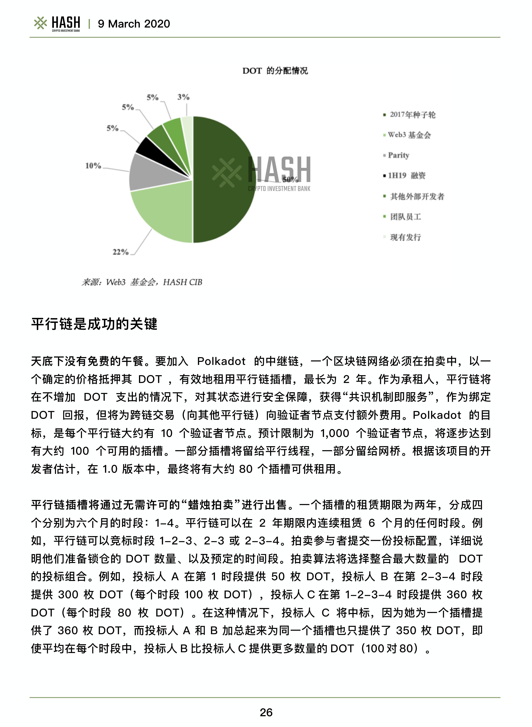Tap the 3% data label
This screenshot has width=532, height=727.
(183, 97)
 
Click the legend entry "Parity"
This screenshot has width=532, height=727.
(398, 155)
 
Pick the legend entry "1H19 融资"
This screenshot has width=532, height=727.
(406, 176)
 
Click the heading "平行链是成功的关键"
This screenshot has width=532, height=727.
(94, 324)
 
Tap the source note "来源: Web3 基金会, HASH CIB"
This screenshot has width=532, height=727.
(142, 282)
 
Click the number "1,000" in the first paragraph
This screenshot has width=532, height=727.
(335, 433)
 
